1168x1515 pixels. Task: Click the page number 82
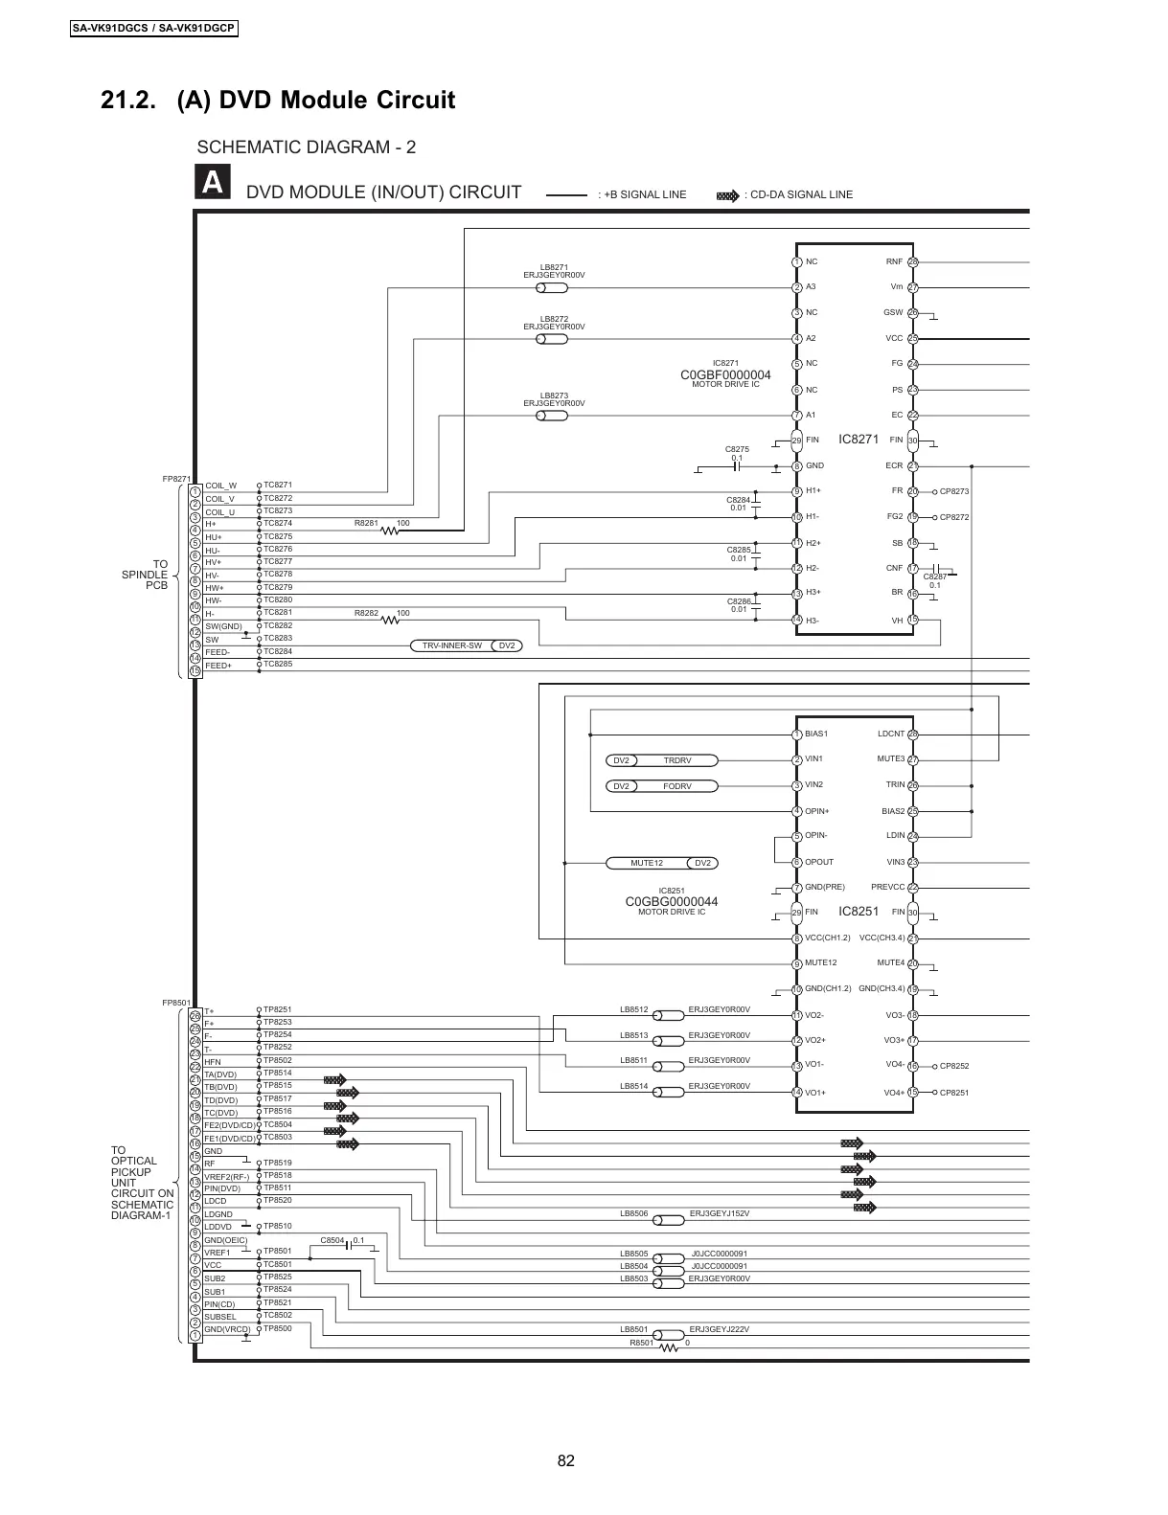pyautogui.click(x=565, y=1460)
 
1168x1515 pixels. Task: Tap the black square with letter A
pyautogui.click(x=213, y=183)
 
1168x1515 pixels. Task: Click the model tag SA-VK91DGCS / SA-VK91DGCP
pyautogui.click(x=154, y=29)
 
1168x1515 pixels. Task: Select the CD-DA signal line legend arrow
pyautogui.click(x=728, y=195)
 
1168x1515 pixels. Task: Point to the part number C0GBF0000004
pyautogui.click(x=725, y=374)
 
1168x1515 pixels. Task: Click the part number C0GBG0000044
pyautogui.click(x=671, y=902)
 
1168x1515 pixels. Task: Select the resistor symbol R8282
pyautogui.click(x=389, y=620)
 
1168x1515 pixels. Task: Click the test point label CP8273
pyautogui.click(x=954, y=492)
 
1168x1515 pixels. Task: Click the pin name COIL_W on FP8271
pyautogui.click(x=220, y=486)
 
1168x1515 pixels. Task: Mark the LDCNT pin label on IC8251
pyautogui.click(x=891, y=734)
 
